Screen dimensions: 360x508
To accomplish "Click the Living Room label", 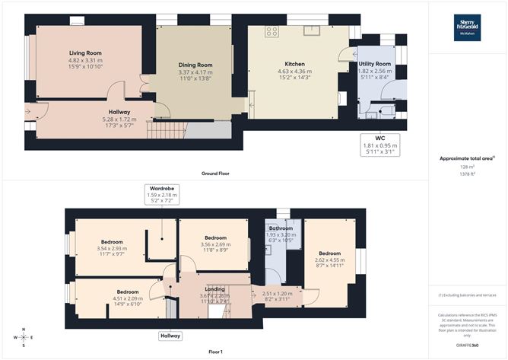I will pos(84,53).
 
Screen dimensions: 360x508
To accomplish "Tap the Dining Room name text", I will pos(195,65).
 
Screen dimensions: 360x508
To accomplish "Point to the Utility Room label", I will pos(374,64).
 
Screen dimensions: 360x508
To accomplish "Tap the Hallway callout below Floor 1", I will pos(170,336).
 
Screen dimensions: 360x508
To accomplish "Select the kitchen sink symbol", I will pos(312,31).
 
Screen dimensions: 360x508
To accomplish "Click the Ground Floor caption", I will pos(216,173).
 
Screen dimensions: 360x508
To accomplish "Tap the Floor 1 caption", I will pos(216,352).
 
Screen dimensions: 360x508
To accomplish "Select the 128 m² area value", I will pos(468,167).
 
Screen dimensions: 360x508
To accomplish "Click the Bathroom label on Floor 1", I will pos(281,228).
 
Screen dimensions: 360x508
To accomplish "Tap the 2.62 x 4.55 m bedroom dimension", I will pos(329,260).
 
